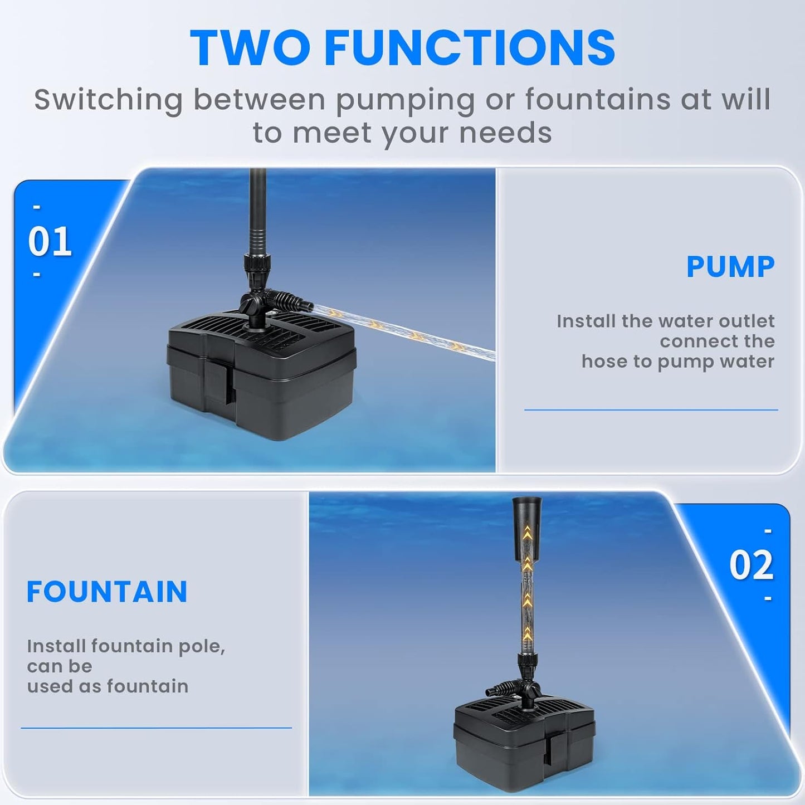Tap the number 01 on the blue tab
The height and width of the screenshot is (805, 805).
pyautogui.click(x=50, y=242)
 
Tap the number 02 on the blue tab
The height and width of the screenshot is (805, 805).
pyautogui.click(x=752, y=566)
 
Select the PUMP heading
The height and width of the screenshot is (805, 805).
pyautogui.click(x=730, y=267)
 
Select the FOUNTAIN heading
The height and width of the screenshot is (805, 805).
pyautogui.click(x=107, y=592)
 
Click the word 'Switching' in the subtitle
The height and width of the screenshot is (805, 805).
pyautogui.click(x=108, y=100)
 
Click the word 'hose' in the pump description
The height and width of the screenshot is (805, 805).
pyautogui.click(x=601, y=362)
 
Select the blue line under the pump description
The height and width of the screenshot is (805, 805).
pyautogui.click(x=651, y=410)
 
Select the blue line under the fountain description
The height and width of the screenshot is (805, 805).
pyautogui.click(x=156, y=728)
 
